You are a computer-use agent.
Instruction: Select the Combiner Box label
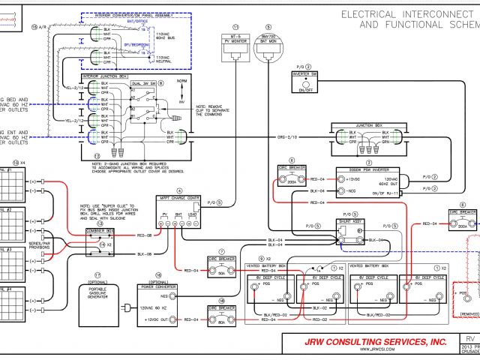click(99, 229)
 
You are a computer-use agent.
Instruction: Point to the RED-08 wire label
click(145, 235)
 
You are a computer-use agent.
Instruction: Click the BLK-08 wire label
click(145, 255)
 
